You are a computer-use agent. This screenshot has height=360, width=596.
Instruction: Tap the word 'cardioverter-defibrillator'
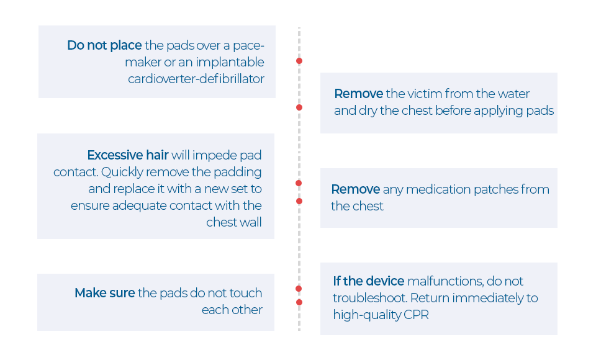coord(196,79)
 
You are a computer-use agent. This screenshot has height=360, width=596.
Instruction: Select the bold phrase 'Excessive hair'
coord(127,155)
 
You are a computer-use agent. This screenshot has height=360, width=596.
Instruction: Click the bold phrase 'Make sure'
coord(104,293)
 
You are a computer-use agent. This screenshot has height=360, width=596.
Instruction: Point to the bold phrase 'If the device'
coord(368,281)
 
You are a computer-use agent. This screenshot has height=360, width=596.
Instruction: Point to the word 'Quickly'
coord(122,172)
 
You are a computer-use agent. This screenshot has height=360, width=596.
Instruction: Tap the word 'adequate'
coord(139,205)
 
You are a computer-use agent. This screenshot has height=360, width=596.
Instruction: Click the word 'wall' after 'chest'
coord(248,222)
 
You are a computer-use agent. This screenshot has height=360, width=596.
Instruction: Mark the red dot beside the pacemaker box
coord(299,61)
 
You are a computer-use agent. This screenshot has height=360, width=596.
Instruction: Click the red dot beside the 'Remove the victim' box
coord(299,107)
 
